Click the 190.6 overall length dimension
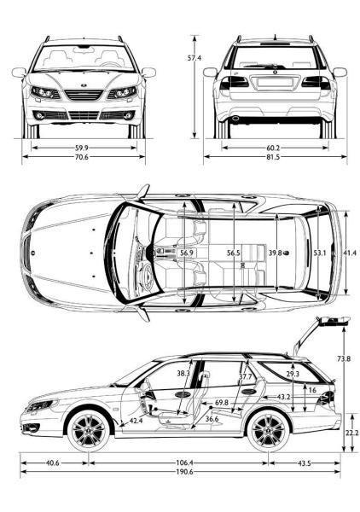(x=184, y=472)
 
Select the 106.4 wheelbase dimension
(x=184, y=463)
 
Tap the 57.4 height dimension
(x=195, y=58)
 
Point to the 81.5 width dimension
(x=273, y=157)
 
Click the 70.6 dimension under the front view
(x=82, y=157)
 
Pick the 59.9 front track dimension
(x=82, y=148)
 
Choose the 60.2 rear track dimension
(x=273, y=148)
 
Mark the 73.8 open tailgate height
(x=344, y=358)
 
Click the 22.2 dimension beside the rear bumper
(x=351, y=433)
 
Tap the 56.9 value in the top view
(x=187, y=253)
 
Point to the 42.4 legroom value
(x=136, y=421)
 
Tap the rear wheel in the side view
(x=268, y=430)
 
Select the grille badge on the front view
(x=84, y=85)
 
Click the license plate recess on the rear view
(x=275, y=82)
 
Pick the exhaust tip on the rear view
(x=235, y=119)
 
